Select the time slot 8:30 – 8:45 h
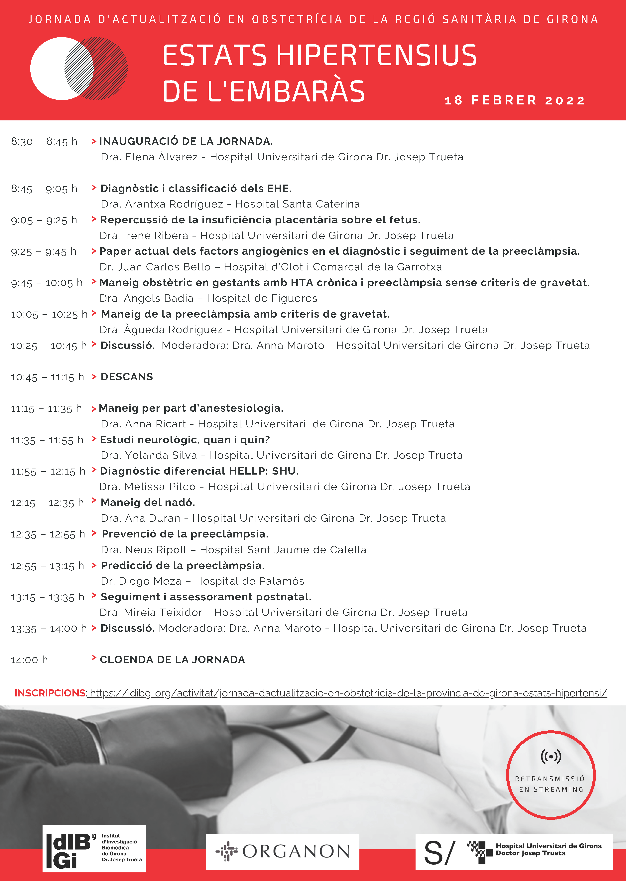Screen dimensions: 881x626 click(44, 141)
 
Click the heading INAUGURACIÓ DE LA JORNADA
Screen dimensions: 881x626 click(186, 141)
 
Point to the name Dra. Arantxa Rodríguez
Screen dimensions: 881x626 click(162, 204)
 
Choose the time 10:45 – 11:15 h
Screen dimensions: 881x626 click(47, 377)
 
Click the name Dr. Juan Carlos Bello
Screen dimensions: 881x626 click(155, 267)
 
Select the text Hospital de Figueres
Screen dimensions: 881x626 click(262, 298)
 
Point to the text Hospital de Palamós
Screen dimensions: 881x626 click(249, 581)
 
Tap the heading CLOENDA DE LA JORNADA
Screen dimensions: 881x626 click(172, 660)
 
